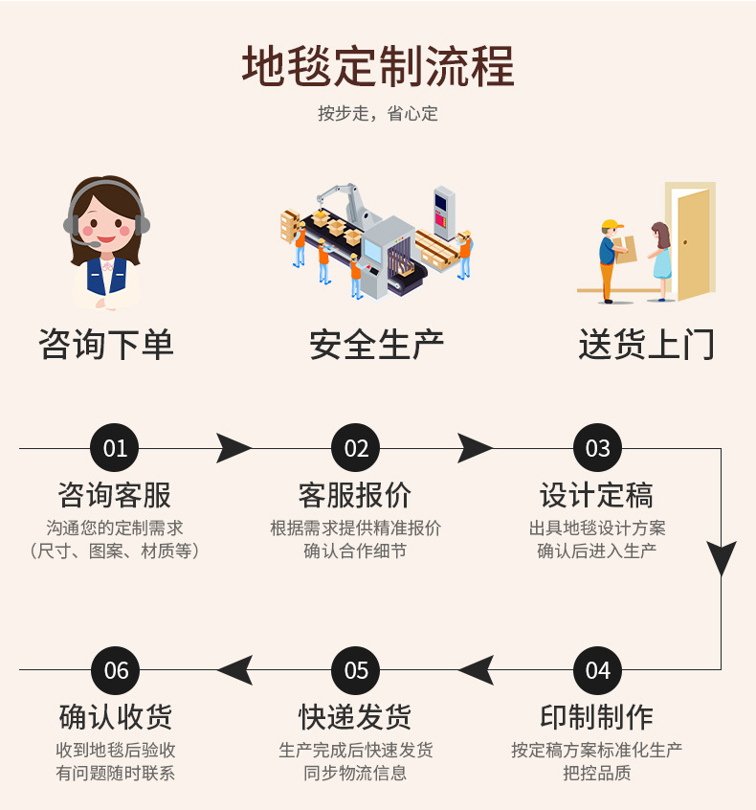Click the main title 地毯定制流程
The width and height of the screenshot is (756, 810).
click(x=378, y=67)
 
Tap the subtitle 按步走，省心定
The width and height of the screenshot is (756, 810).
click(x=378, y=114)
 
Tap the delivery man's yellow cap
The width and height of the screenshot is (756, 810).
click(x=611, y=226)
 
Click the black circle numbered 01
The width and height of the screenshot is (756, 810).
click(x=115, y=448)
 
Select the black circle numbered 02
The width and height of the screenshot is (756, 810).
click(x=356, y=448)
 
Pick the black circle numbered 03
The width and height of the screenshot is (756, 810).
click(x=597, y=448)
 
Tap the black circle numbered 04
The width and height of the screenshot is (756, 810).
click(x=597, y=670)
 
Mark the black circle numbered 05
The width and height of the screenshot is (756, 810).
click(x=356, y=670)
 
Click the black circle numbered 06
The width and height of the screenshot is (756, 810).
click(x=115, y=670)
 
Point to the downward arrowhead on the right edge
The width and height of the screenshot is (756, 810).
click(x=722, y=558)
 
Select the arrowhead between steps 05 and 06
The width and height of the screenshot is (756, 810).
click(x=235, y=670)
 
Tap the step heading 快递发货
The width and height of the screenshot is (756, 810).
click(x=355, y=716)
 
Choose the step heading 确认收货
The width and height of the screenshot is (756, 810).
click(x=115, y=716)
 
